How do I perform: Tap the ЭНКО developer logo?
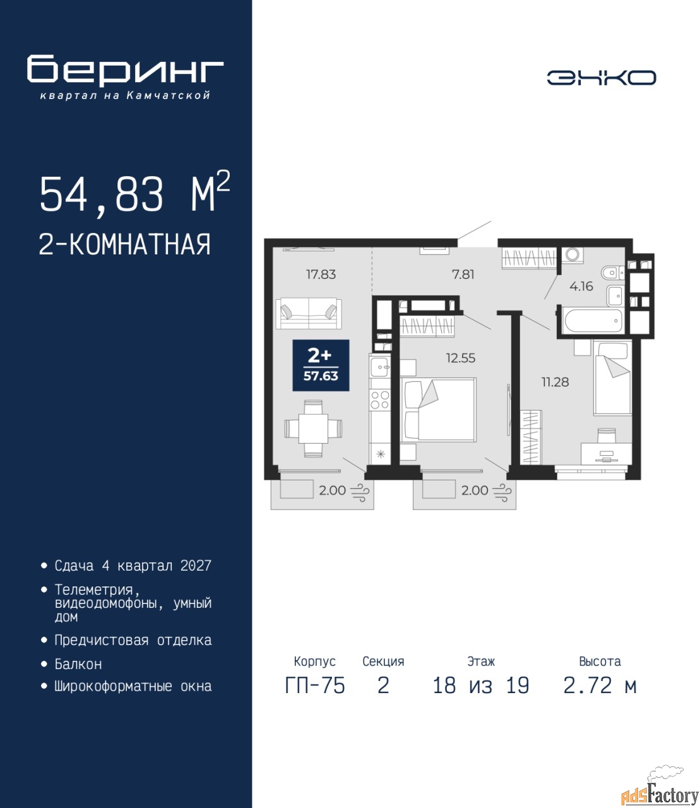(x=601, y=78)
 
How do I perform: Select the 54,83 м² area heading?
(x=135, y=193)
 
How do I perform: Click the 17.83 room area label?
(x=321, y=275)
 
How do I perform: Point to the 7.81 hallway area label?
(x=463, y=275)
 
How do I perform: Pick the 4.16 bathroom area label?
(x=581, y=287)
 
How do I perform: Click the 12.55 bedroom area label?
(x=461, y=358)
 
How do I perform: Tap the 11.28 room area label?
(x=555, y=382)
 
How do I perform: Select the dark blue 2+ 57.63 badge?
(x=321, y=365)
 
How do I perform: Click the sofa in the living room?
(x=309, y=314)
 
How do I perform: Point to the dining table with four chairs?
(x=314, y=429)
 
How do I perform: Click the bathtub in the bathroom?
(x=593, y=321)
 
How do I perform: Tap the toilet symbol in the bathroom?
(x=612, y=273)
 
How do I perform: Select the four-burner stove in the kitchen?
(x=380, y=400)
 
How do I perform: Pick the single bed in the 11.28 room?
(x=612, y=377)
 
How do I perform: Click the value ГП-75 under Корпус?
(x=314, y=686)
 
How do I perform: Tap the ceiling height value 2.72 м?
(x=600, y=686)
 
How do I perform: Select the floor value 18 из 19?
(x=481, y=686)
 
